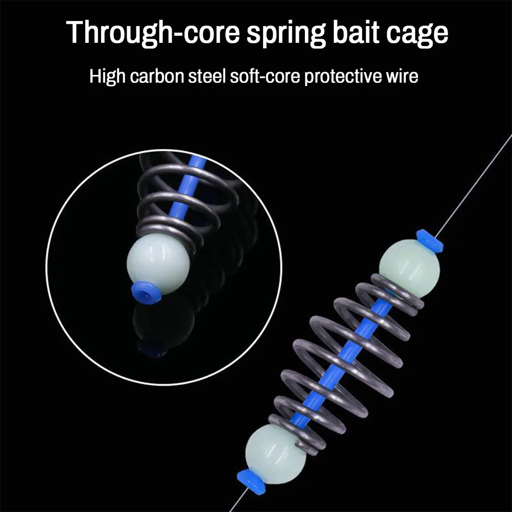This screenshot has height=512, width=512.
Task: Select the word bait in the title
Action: (x=356, y=32)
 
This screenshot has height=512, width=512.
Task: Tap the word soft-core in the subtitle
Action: (x=265, y=76)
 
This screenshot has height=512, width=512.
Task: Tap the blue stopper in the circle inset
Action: (x=146, y=291)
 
